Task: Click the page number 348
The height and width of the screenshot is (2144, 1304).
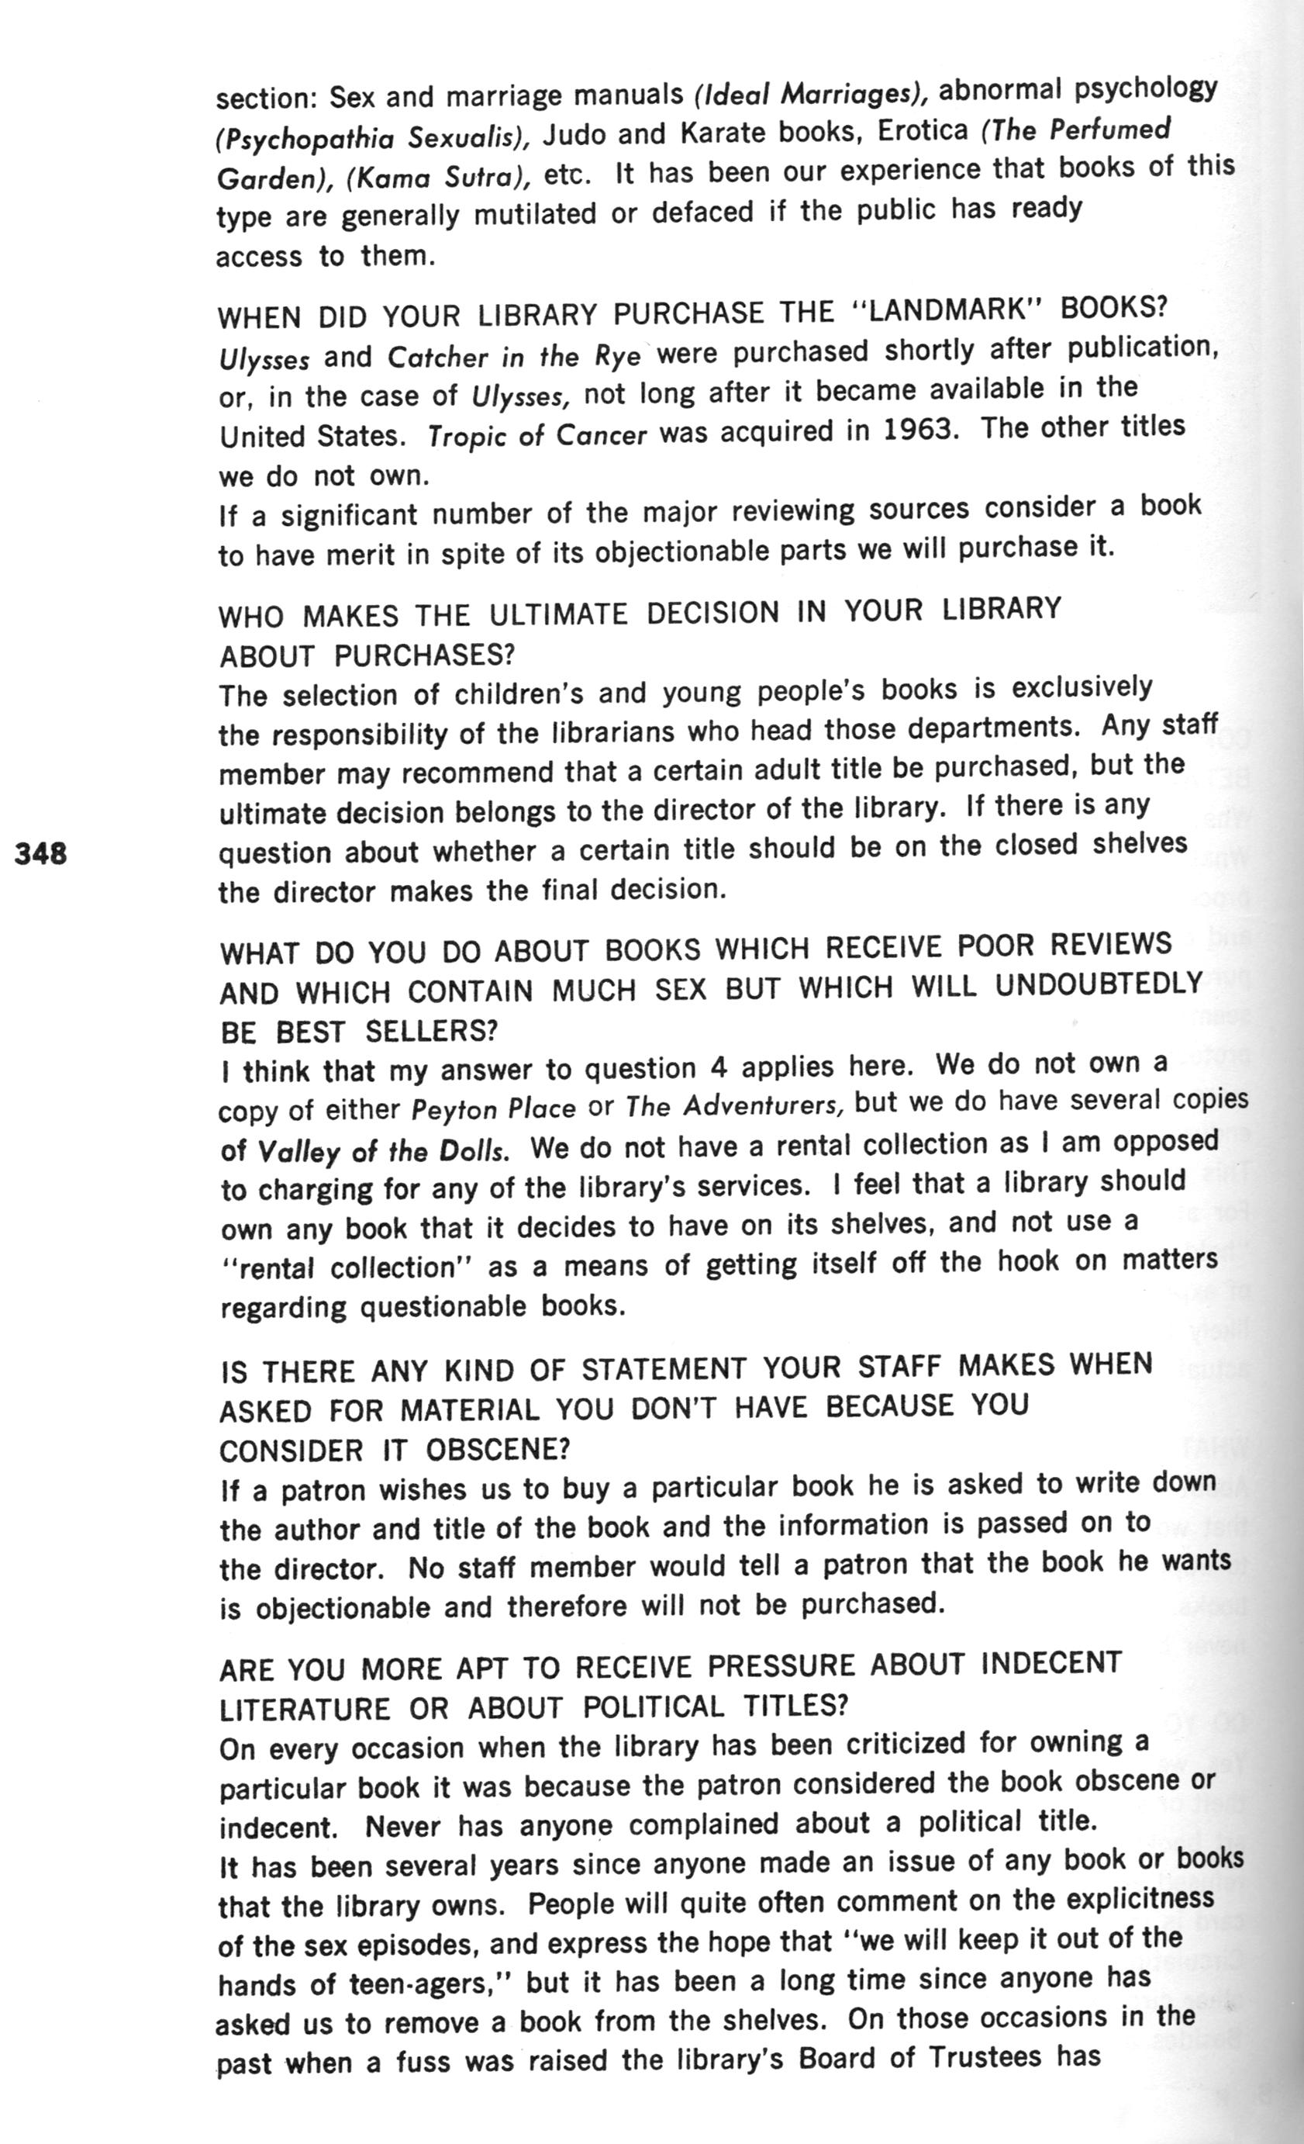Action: coord(41,852)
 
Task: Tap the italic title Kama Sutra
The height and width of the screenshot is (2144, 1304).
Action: coord(440,178)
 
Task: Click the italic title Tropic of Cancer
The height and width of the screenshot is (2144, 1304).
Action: coord(536,435)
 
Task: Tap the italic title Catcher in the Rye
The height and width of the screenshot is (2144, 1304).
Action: coord(513,357)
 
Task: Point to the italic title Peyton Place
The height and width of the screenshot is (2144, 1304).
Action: coord(493,1109)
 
